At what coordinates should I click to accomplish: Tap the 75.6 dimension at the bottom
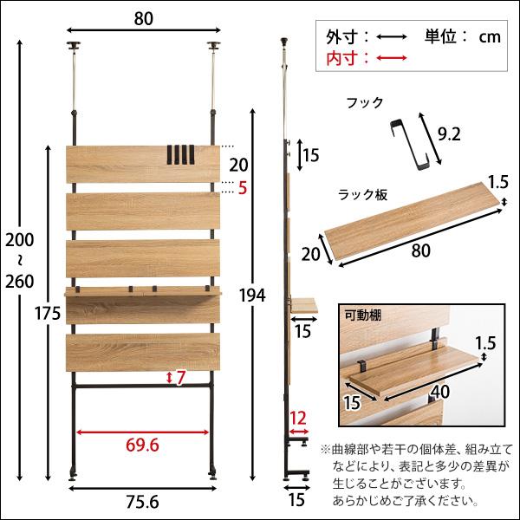tap(142, 503)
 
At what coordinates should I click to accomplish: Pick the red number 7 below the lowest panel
tap(180, 377)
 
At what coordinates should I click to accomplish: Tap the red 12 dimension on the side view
tap(298, 419)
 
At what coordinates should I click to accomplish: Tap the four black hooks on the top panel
tap(178, 153)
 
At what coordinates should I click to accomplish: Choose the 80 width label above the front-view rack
tap(142, 15)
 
